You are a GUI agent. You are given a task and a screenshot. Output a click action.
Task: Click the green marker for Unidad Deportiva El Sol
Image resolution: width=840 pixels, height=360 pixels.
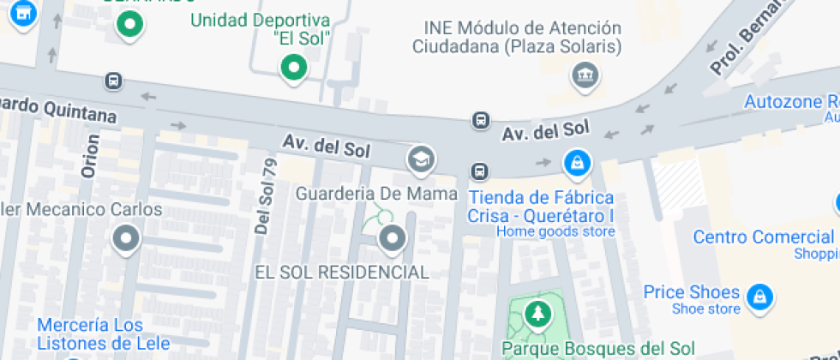tap(294, 67)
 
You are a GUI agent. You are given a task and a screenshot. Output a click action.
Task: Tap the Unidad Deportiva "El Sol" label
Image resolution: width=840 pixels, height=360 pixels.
tap(261, 28)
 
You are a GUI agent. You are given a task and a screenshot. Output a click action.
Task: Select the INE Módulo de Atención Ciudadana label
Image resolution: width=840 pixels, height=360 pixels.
tap(517, 37)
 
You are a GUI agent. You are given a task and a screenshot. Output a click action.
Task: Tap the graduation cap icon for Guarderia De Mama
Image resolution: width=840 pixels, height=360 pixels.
tap(420, 159)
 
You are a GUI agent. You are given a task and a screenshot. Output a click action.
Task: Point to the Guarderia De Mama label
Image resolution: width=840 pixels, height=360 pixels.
tap(376, 194)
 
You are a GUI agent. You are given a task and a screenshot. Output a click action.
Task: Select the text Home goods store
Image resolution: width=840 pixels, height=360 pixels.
tap(555, 231)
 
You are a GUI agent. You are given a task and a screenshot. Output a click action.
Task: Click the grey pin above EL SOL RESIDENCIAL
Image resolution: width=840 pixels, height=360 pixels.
tap(393, 239)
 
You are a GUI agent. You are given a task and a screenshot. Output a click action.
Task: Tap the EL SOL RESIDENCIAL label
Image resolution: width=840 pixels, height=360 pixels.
tap(342, 273)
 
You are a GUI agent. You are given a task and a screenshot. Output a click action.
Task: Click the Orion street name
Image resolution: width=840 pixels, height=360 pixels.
tap(89, 157)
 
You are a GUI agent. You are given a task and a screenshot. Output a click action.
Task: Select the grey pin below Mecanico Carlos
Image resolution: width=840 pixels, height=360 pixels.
tap(127, 238)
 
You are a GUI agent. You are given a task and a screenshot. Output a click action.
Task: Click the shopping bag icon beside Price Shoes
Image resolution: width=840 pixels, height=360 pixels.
tap(757, 297)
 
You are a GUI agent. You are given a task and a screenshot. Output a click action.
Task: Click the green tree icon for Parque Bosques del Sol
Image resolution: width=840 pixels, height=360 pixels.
tap(537, 314)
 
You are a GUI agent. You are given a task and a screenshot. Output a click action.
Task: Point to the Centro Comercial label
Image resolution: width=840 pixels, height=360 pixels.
tap(763, 237)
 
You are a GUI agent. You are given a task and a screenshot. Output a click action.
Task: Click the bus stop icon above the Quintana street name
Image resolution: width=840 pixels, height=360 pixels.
tap(112, 81)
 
